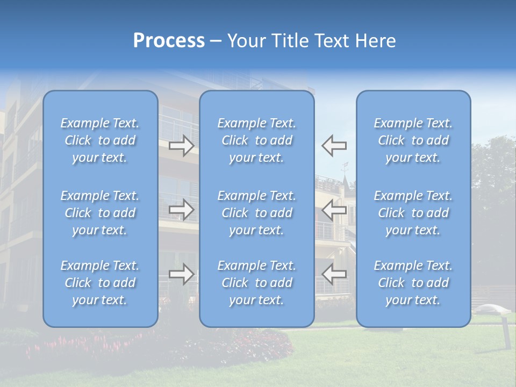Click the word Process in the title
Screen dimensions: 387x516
click(x=169, y=41)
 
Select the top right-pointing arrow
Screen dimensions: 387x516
click(x=181, y=146)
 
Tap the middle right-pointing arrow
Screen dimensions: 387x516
click(x=181, y=210)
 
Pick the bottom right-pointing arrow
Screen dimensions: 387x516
click(x=181, y=275)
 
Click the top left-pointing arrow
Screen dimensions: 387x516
click(x=334, y=146)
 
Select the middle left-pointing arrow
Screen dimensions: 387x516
click(x=334, y=210)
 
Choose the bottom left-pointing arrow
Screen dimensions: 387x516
click(x=334, y=275)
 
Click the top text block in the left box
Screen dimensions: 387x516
click(x=100, y=140)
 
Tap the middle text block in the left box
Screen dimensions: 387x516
click(x=100, y=213)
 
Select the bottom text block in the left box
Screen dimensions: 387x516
click(x=100, y=283)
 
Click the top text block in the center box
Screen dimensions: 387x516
click(x=256, y=140)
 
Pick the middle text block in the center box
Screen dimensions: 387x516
click(x=256, y=213)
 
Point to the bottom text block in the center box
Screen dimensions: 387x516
click(x=256, y=283)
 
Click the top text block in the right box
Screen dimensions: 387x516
click(x=413, y=140)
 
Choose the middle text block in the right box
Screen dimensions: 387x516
click(x=413, y=213)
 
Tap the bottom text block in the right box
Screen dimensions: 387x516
click(x=413, y=283)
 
